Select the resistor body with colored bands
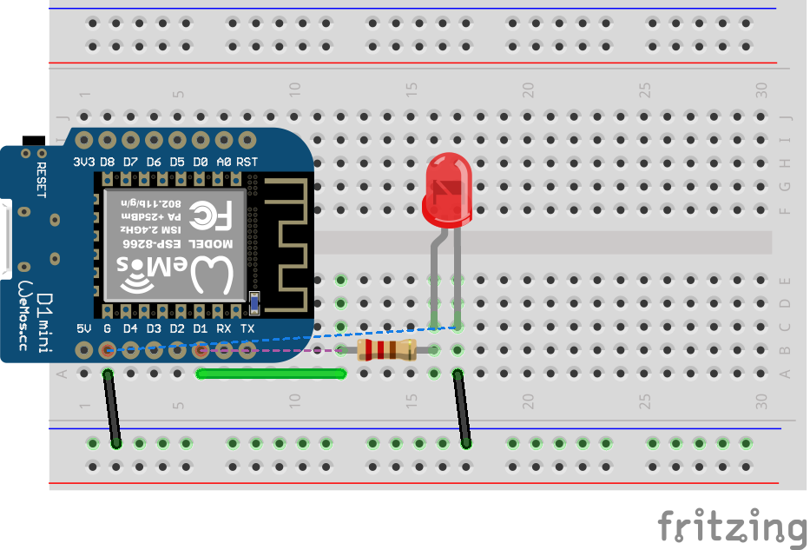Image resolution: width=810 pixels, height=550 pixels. pyautogui.click(x=386, y=350)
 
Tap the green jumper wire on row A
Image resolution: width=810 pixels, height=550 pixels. pyautogui.click(x=272, y=374)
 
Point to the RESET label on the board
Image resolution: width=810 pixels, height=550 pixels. pyautogui.click(x=40, y=179)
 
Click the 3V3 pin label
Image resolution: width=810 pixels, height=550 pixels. pyautogui.click(x=84, y=162)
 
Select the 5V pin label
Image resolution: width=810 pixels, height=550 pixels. pyautogui.click(x=84, y=328)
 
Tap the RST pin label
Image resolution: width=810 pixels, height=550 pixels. pyautogui.click(x=247, y=162)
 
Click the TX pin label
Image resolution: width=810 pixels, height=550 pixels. pyautogui.click(x=247, y=328)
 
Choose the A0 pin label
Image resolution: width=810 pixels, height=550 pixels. pyautogui.click(x=224, y=162)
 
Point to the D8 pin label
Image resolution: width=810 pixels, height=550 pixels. pyautogui.click(x=107, y=162)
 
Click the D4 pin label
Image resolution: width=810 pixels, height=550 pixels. pyautogui.click(x=130, y=328)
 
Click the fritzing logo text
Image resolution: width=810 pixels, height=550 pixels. pyautogui.click(x=731, y=527)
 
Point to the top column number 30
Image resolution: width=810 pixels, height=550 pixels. pyautogui.click(x=761, y=89)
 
